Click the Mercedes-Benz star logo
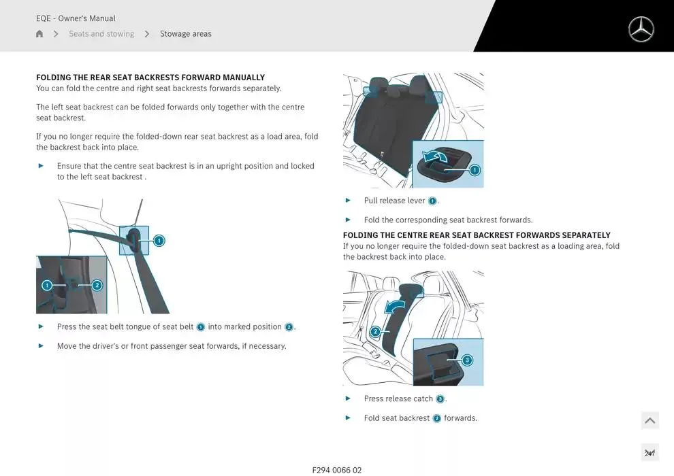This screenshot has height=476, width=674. click(641, 29)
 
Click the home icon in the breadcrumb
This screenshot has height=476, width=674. click(39, 34)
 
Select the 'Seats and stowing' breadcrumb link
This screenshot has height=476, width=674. click(101, 34)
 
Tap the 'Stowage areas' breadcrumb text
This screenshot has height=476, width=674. click(185, 34)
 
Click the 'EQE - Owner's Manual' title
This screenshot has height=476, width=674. click(76, 18)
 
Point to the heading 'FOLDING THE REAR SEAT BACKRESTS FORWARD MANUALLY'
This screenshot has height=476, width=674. click(150, 78)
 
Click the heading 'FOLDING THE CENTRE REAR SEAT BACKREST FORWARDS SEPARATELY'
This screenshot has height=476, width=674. click(477, 235)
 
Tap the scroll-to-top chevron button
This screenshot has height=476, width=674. click(649, 421)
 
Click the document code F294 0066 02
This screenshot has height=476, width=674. click(337, 470)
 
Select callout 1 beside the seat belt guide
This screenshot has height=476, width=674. click(159, 240)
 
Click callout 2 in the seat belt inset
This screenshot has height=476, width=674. click(97, 286)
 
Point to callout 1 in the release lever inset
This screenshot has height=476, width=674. click(475, 170)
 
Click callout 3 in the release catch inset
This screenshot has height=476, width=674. click(467, 360)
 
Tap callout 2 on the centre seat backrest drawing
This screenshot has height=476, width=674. click(375, 332)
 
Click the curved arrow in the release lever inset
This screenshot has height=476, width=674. click(436, 158)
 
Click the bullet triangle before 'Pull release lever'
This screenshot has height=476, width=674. click(348, 201)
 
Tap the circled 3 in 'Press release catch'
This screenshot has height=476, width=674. click(440, 399)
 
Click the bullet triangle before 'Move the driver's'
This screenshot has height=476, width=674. click(41, 346)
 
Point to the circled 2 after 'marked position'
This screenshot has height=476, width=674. click(289, 327)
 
